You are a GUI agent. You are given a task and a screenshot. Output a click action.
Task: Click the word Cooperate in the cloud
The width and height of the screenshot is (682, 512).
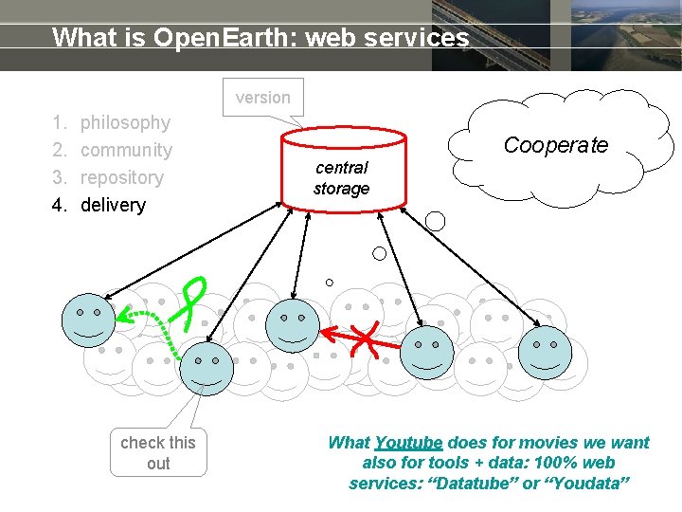click(555, 145)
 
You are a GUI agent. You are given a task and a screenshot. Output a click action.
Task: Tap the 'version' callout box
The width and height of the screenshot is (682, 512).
click(263, 98)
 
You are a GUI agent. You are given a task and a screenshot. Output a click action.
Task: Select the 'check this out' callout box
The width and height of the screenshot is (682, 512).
click(158, 452)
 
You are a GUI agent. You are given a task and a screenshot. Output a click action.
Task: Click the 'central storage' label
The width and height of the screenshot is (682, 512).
click(341, 178)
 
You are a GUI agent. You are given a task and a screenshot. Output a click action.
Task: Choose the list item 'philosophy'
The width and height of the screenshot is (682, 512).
click(125, 122)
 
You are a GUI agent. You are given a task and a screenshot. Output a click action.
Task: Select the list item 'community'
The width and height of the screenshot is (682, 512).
click(126, 150)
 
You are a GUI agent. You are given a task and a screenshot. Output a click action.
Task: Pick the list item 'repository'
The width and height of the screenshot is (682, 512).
click(122, 177)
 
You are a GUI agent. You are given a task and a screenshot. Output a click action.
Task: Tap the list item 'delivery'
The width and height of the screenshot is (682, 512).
click(113, 205)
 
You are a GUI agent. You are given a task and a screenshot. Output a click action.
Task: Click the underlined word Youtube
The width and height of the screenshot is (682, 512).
click(408, 443)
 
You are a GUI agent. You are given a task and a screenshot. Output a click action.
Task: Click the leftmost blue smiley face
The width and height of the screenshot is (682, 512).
click(89, 320)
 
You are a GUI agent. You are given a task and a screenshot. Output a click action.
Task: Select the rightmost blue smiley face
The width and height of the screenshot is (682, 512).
click(546, 350)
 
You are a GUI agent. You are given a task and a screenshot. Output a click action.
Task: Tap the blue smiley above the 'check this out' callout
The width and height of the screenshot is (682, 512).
click(206, 368)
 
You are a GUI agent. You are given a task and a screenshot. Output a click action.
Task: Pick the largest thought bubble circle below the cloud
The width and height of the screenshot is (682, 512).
click(436, 222)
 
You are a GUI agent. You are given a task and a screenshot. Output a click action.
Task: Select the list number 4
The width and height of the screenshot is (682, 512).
click(59, 205)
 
